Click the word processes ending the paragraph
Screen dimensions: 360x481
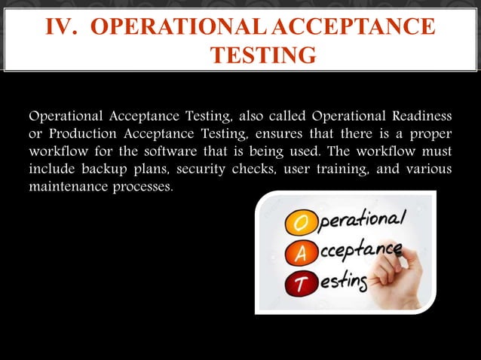point(141,186)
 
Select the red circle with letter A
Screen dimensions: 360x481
point(296,255)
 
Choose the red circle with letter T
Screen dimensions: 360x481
point(296,284)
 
